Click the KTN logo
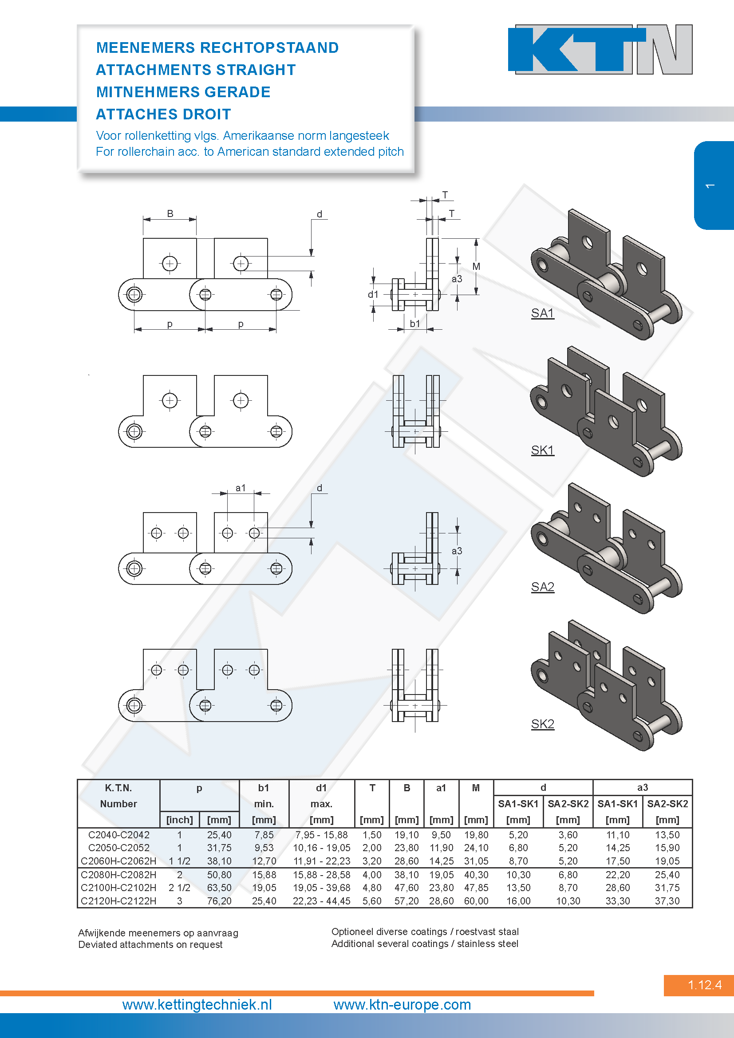coord(600,49)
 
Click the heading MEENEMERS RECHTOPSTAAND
coord(217,47)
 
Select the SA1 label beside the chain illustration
coord(542,313)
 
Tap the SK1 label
coord(542,450)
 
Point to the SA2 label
coord(542,587)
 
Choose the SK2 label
coord(542,724)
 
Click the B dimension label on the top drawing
coord(170,213)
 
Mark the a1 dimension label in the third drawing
coord(241,488)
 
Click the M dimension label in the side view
coord(476,266)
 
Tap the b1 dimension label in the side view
coord(415,324)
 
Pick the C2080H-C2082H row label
coord(118,875)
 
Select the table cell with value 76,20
coord(219,901)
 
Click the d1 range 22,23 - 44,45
coord(321,901)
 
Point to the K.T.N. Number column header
coord(118,796)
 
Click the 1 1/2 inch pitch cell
coord(179,861)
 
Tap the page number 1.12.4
coord(705,985)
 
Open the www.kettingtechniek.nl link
coord(197,1005)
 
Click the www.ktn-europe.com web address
coord(402,1005)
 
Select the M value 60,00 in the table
coord(476,901)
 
